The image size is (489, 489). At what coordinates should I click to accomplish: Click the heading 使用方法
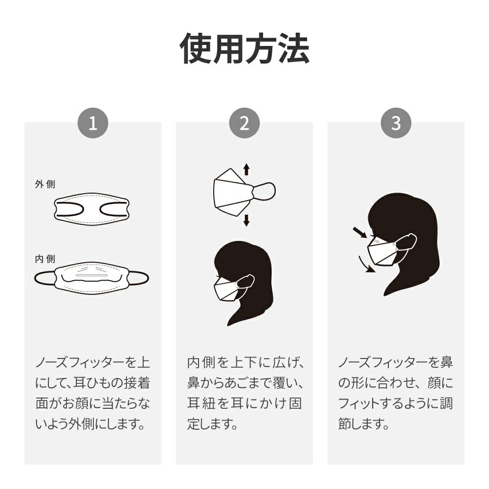point(244,48)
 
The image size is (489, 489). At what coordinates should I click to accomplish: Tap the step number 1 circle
point(93,123)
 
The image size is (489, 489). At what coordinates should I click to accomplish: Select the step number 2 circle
point(244,123)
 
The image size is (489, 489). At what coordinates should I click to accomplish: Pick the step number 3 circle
point(396,123)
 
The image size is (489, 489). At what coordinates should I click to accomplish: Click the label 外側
point(45,184)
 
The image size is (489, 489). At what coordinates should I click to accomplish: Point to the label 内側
point(45,259)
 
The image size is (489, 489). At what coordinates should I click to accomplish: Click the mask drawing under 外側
point(91,208)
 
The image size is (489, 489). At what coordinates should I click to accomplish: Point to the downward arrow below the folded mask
point(246,220)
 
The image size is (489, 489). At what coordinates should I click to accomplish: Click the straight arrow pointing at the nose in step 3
point(360,233)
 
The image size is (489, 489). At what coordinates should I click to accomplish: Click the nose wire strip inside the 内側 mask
point(91,276)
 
